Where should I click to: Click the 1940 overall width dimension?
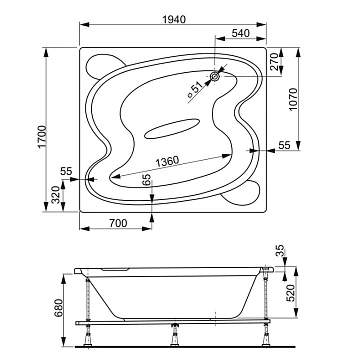point(174,19)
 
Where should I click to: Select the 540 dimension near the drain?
point(241,33)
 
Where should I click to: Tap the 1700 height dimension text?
point(42,137)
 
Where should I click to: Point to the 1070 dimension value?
point(292,99)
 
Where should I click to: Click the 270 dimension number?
point(275,62)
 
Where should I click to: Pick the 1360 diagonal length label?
point(167,162)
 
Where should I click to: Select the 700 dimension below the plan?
point(118,223)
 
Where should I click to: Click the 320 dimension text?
point(56,194)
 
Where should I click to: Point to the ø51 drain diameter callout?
point(195,90)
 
